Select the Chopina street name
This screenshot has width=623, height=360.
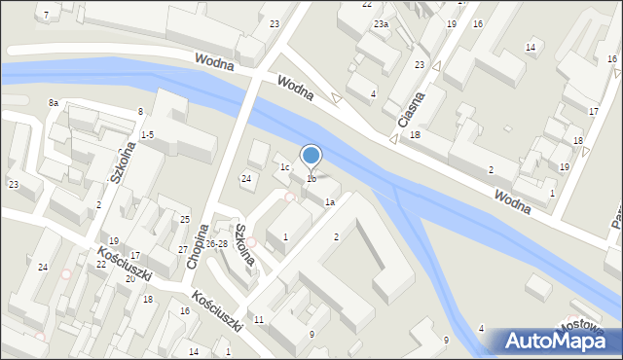click(198, 245)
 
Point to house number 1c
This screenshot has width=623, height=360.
click(285, 167)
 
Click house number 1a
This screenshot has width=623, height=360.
click(330, 202)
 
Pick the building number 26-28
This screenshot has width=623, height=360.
click(216, 243)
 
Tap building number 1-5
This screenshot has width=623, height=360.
click(147, 134)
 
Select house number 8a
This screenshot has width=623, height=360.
click(54, 102)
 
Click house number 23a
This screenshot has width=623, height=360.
click(382, 24)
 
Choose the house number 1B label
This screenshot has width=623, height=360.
click(415, 135)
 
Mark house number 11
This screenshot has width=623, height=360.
click(258, 319)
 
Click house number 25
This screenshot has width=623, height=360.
click(185, 220)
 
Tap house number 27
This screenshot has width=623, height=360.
click(182, 250)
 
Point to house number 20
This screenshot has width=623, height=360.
click(129, 278)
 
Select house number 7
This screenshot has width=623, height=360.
click(45, 15)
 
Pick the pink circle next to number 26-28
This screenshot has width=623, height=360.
click(251, 242)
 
